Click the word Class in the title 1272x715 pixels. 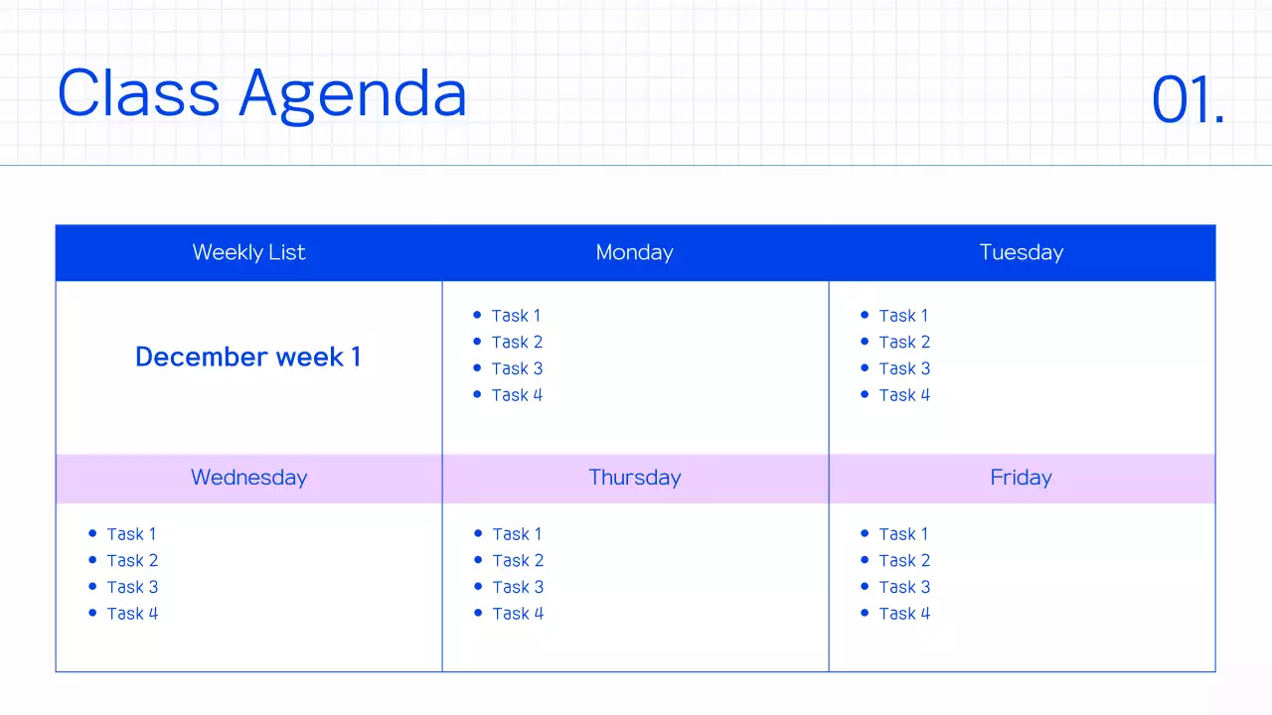point(138,93)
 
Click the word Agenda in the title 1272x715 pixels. point(353,95)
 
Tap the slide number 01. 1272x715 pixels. point(1188,100)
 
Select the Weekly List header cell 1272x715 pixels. point(248,252)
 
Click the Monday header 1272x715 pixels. point(634,252)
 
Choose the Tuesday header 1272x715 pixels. point(1021,252)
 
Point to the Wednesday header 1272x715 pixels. point(248,478)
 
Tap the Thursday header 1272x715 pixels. point(634,478)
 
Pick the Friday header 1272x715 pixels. point(1021,478)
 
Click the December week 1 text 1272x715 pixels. point(247,357)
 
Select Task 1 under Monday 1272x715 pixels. point(516,316)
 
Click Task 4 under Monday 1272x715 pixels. point(517,395)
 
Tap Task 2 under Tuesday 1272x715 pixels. point(904,343)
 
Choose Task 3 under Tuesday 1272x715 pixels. point(904,368)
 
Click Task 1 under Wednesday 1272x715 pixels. point(131,534)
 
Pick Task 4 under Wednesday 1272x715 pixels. point(132,614)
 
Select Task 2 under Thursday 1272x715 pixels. point(518,561)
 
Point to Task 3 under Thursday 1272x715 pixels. point(518,587)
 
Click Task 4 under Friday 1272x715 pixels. point(904,614)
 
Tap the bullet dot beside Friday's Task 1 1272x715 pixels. point(865,533)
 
